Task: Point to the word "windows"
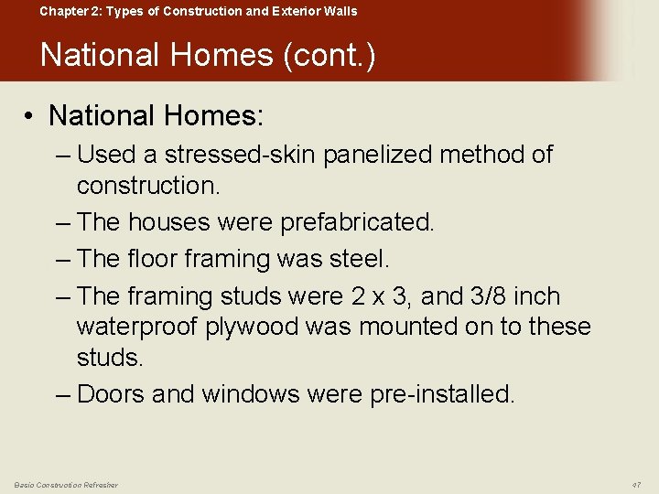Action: [x=252, y=394]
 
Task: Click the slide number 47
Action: [x=636, y=484]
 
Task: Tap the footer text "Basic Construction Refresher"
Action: [x=66, y=484]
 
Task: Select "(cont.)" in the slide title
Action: [x=329, y=56]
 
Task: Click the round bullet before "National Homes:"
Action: [x=30, y=116]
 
